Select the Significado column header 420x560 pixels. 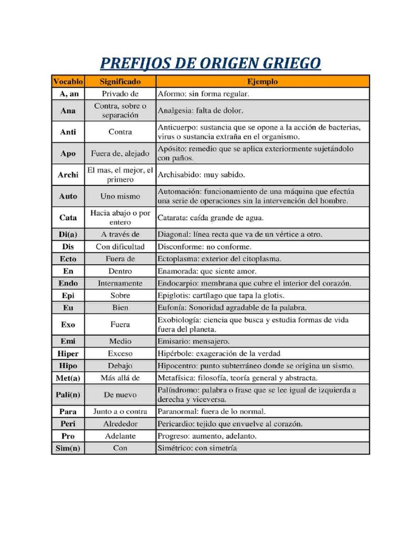point(120,81)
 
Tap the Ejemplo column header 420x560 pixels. point(262,81)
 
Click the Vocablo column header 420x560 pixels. point(68,81)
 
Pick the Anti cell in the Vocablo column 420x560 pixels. point(68,132)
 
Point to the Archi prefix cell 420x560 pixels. point(68,175)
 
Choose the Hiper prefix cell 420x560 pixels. point(68,353)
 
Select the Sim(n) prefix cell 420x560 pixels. point(68,448)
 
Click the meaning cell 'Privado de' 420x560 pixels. point(120,94)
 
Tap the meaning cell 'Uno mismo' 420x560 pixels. point(120,196)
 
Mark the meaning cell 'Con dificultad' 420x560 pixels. point(120,247)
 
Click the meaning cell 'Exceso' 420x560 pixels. point(120,353)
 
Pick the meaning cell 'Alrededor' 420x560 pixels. point(120,424)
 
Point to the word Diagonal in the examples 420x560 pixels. point(173,235)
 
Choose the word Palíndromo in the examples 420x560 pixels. point(178,390)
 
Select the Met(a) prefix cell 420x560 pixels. point(68,378)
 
